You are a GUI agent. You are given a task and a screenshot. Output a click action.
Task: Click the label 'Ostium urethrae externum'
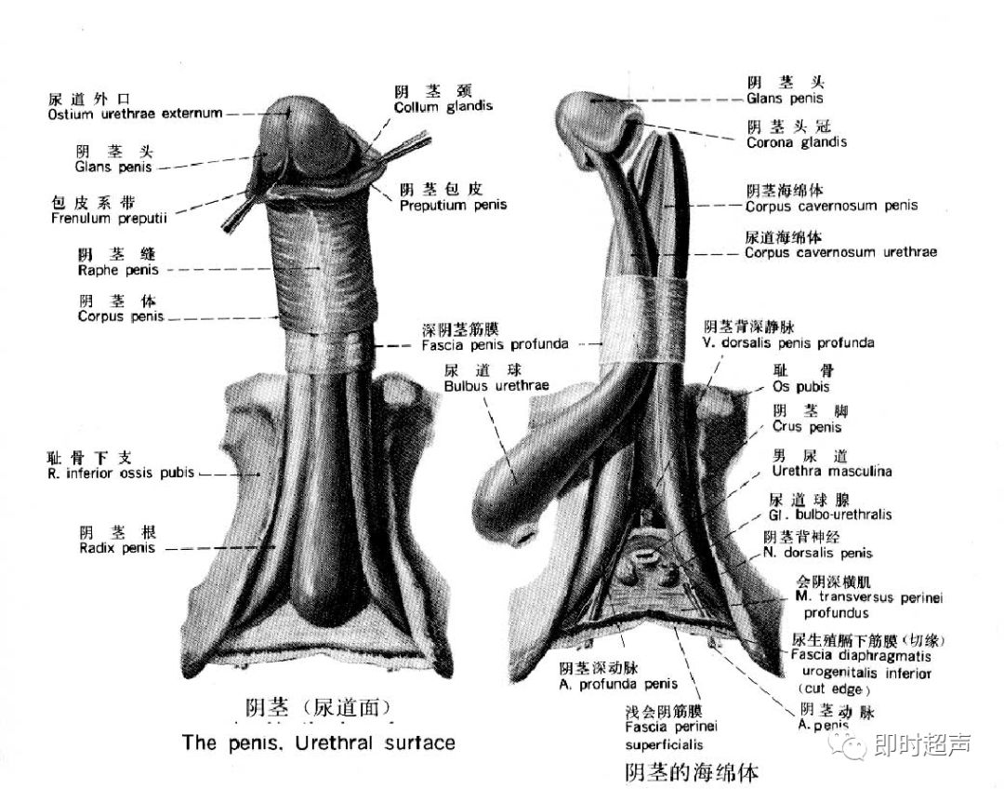[135, 114]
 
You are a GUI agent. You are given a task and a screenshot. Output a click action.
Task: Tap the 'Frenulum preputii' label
[109, 219]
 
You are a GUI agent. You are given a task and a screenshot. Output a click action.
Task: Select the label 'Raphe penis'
[118, 270]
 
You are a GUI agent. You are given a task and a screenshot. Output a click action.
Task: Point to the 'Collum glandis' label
[443, 107]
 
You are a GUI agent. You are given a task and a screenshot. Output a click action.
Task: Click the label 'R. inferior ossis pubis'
[121, 473]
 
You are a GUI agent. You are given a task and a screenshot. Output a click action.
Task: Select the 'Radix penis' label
[117, 548]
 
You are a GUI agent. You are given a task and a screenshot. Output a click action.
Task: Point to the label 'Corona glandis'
[797, 142]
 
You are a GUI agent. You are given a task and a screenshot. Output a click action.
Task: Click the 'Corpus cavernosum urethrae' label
[840, 252]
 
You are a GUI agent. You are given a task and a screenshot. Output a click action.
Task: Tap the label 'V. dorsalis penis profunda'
[788, 342]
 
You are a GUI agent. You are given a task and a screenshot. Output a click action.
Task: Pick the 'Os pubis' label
[800, 386]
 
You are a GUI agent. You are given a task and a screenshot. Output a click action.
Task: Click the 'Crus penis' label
[806, 427]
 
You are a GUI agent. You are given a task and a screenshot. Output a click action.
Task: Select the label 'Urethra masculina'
[832, 471]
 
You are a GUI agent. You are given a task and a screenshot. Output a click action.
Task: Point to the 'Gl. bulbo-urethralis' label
[830, 515]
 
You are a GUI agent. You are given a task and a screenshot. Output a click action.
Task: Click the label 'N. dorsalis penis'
[818, 553]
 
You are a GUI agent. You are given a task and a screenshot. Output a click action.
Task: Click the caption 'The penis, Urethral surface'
[319, 742]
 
